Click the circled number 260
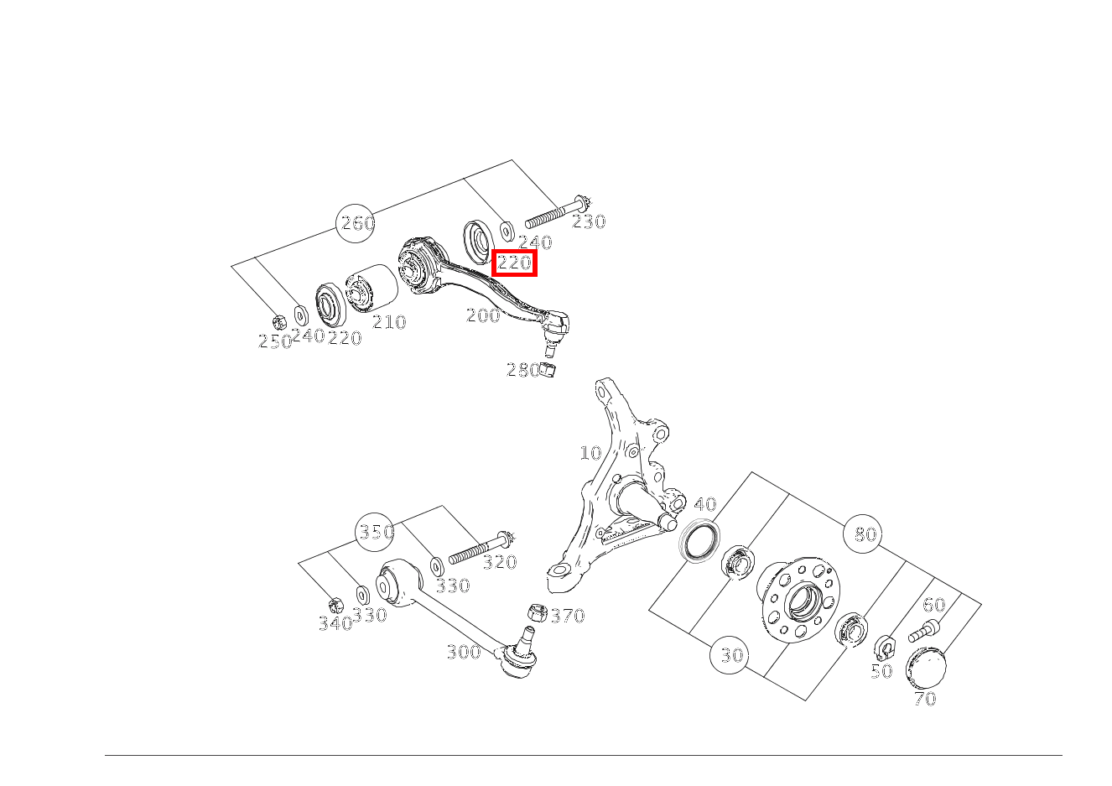point(355,223)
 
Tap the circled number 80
point(863,534)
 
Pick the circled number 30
point(730,655)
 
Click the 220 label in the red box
point(514,263)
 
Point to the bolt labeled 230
point(557,212)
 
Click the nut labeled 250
point(279,322)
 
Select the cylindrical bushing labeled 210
point(372,288)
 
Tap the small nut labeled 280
point(548,370)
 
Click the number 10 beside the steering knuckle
point(590,453)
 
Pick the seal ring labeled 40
point(699,541)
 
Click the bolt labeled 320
point(481,547)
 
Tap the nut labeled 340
point(336,606)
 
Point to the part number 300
point(464,652)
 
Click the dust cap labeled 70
point(926,668)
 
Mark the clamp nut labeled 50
point(885,648)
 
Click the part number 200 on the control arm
point(483,315)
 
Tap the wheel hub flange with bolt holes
point(798,600)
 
